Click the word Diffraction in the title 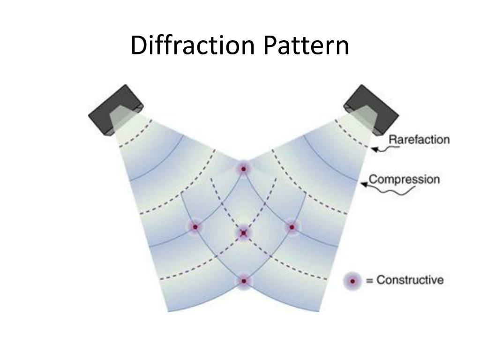[x=193, y=46]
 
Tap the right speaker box [x=373, y=109]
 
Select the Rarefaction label [x=420, y=140]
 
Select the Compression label [x=404, y=179]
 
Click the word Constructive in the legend [x=410, y=280]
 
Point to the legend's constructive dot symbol [x=352, y=281]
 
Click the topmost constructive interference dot [x=243, y=168]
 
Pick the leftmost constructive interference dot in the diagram [x=195, y=227]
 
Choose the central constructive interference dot [x=243, y=232]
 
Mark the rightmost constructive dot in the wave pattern [x=292, y=227]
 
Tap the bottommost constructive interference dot [x=243, y=281]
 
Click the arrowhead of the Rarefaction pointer [x=373, y=149]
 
